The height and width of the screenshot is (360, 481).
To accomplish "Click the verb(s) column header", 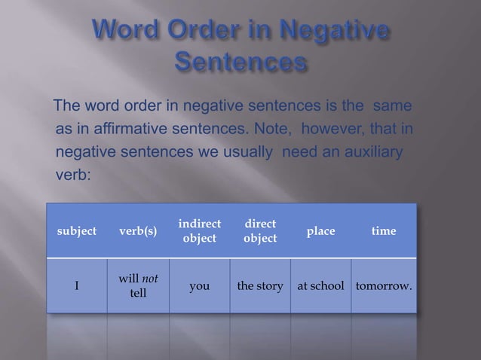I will click(x=137, y=231).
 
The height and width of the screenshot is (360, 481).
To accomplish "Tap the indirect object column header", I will click(x=200, y=231).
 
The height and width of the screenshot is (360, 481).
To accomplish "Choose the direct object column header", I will click(x=260, y=231).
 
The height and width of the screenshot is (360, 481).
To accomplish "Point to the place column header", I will click(x=320, y=231).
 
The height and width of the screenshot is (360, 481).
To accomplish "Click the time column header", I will click(x=384, y=231).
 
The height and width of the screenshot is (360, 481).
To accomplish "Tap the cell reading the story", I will click(x=260, y=285).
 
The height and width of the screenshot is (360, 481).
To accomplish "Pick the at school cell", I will click(x=321, y=285).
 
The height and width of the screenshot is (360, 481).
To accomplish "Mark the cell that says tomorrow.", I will click(x=384, y=285).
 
